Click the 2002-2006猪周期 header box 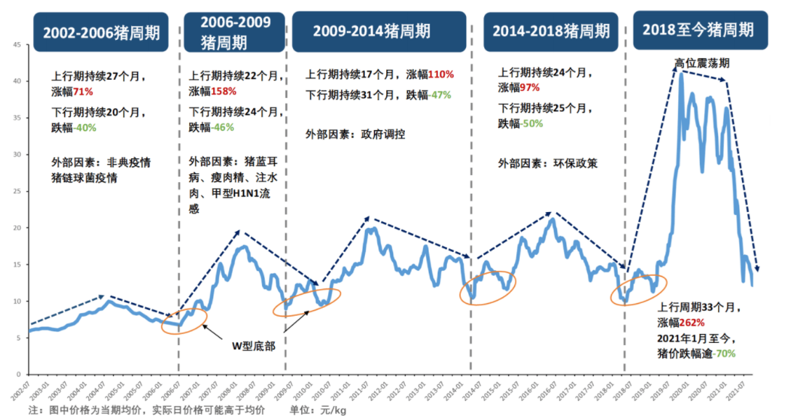point(101,32)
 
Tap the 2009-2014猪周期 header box point(378,31)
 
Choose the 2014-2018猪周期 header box point(550,31)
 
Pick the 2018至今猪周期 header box point(699,29)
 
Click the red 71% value point(84,91)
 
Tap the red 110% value point(441,74)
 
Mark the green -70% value point(723,353)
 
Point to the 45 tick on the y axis point(16,45)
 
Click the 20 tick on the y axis point(16,227)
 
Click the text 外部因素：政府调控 point(355,134)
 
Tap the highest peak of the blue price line point(680,73)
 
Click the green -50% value point(532,123)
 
